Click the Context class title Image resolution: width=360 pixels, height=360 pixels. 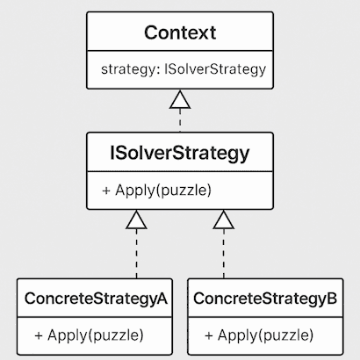click(x=180, y=32)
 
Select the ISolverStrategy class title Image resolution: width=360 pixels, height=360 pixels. click(x=180, y=153)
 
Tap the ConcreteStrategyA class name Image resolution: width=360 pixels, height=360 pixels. click(x=96, y=299)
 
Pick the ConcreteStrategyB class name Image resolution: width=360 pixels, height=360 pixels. click(x=265, y=299)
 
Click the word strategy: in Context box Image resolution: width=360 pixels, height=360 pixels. click(x=131, y=69)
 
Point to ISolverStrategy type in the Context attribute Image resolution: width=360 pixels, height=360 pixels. click(x=215, y=69)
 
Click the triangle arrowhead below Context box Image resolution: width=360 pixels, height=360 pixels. click(x=180, y=100)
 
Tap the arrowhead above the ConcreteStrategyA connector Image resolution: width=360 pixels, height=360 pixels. click(x=136, y=220)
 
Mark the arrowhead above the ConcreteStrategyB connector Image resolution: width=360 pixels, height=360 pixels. click(x=224, y=220)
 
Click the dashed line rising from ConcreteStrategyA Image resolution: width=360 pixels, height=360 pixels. click(x=136, y=254)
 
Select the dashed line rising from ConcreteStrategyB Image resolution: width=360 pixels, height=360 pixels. click(x=224, y=254)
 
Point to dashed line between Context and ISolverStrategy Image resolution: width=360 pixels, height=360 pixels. click(x=180, y=120)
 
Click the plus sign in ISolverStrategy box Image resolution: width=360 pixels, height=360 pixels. click(x=106, y=191)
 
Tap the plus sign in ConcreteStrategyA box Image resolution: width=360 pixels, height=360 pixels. click(x=39, y=335)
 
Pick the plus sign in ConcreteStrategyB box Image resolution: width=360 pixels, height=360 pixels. click(x=209, y=335)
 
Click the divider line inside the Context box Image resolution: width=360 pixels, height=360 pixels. click(x=180, y=51)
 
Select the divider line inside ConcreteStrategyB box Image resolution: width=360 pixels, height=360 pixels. click(x=265, y=317)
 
